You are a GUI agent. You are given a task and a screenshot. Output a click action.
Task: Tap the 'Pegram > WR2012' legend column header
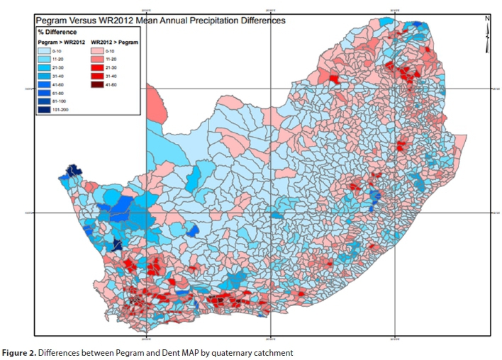click(59, 43)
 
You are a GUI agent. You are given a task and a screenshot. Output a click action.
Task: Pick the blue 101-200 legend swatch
click(46, 110)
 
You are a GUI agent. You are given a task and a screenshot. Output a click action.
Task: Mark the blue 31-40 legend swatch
click(46, 77)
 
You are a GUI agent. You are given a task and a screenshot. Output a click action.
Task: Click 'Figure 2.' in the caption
click(21, 352)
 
